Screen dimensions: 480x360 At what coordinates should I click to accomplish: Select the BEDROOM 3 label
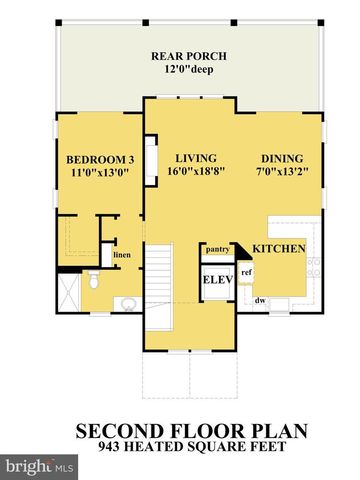click(x=100, y=160)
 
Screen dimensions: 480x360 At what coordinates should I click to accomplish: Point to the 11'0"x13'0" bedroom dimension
click(x=100, y=175)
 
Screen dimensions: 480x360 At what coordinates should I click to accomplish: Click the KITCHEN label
click(x=277, y=248)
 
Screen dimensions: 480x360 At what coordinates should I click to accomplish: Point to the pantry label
click(x=218, y=249)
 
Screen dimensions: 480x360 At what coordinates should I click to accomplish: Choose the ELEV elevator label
click(x=218, y=279)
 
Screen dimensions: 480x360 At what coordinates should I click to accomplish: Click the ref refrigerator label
click(x=246, y=271)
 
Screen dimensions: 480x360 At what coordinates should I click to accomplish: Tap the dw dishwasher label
click(x=260, y=299)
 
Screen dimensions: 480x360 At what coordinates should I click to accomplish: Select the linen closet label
click(x=121, y=255)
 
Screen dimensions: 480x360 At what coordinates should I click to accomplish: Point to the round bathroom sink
click(x=127, y=303)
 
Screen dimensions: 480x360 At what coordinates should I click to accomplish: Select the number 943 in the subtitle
click(x=127, y=448)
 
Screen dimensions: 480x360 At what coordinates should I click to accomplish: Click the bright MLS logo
click(x=40, y=466)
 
